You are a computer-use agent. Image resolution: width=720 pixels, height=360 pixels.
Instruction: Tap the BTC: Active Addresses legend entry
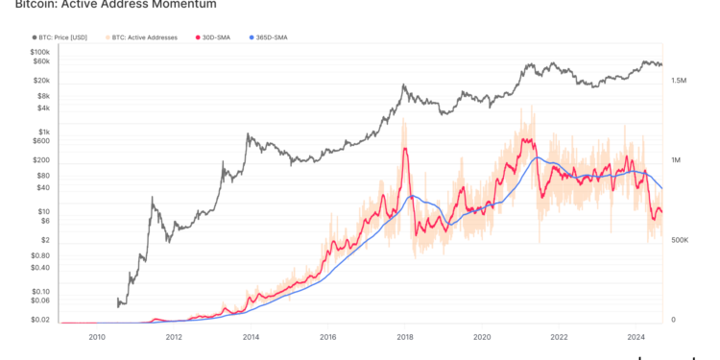pyautogui.click(x=145, y=37)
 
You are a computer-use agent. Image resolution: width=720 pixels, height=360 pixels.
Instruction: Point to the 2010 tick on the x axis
pyautogui.click(x=97, y=337)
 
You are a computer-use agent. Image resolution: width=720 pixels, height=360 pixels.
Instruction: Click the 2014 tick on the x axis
pyautogui.click(x=251, y=337)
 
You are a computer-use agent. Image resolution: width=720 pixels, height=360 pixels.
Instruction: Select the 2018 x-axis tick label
pyautogui.click(x=405, y=337)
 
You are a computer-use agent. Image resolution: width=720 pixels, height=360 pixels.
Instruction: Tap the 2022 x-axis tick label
pyautogui.click(x=559, y=337)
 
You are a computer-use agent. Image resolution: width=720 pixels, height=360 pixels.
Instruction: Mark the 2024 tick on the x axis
pyautogui.click(x=636, y=337)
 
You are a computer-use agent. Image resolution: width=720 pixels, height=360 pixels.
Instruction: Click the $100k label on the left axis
pyautogui.click(x=40, y=52)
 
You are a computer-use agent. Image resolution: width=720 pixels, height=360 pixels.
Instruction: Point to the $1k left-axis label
pyautogui.click(x=44, y=132)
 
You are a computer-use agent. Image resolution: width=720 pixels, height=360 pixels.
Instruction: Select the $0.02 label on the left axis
pyautogui.click(x=39, y=320)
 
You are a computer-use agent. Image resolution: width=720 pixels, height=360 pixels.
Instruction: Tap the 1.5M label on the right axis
pyautogui.click(x=679, y=82)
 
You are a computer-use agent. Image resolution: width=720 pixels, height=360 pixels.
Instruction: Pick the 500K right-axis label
pyautogui.click(x=679, y=240)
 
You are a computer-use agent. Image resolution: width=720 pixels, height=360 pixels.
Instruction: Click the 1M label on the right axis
pyautogui.click(x=677, y=160)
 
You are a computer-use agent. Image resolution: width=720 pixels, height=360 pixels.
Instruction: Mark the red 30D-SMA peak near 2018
pyautogui.click(x=406, y=149)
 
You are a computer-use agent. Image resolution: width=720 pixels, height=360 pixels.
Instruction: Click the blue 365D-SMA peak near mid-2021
pyautogui.click(x=539, y=158)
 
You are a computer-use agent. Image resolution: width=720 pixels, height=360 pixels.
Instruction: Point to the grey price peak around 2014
pyautogui.click(x=248, y=134)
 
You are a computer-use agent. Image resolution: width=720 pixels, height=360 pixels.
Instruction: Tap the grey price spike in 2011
pyautogui.click(x=152, y=199)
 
